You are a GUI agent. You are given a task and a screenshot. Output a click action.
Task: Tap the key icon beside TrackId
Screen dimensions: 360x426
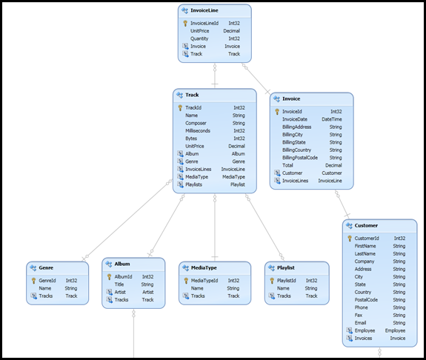(x=180, y=107)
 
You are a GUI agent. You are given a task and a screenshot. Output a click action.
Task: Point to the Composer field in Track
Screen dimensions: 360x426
(x=196, y=123)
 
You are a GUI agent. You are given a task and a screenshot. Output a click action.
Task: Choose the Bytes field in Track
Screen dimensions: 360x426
(x=191, y=138)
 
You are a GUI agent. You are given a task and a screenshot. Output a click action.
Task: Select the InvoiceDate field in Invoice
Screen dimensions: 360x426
(x=294, y=119)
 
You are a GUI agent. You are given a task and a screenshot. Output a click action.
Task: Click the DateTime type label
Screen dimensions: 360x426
(x=331, y=119)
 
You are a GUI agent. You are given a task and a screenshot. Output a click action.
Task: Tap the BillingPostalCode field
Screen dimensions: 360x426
(x=299, y=157)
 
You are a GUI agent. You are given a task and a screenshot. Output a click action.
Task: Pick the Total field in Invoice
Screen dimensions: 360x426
(x=289, y=165)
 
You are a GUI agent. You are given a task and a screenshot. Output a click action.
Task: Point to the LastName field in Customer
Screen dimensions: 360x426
(x=365, y=253)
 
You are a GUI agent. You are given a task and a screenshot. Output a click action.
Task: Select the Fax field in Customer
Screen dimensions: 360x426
(x=359, y=315)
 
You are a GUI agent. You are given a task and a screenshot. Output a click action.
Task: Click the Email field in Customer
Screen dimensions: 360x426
(x=361, y=323)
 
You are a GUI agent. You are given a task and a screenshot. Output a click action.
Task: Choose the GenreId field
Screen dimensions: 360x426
(x=47, y=281)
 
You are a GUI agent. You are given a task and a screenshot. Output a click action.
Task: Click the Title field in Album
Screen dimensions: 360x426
(x=119, y=284)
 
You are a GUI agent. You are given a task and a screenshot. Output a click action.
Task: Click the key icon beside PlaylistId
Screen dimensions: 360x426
(x=270, y=281)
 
